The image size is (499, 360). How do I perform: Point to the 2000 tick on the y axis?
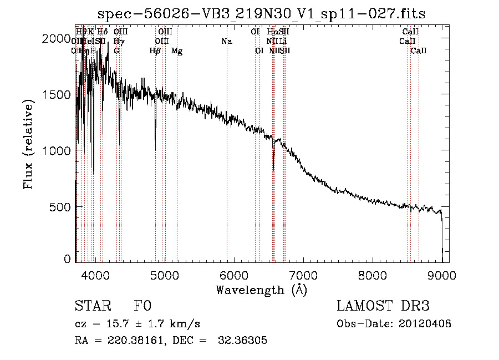[x=56, y=38]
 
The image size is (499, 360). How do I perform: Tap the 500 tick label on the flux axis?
[x=60, y=207]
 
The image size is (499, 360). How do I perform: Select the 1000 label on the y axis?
[x=56, y=151]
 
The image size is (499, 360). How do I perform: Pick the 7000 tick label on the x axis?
[x=303, y=274]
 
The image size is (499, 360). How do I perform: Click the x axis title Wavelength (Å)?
[x=261, y=290]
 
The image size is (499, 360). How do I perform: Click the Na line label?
[x=226, y=41]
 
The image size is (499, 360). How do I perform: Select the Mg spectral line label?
[x=177, y=51]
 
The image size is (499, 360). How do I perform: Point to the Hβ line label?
[x=155, y=51]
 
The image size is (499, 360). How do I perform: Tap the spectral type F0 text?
[x=142, y=306]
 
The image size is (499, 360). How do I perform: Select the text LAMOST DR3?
[x=383, y=306]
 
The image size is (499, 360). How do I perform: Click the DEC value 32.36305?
[x=245, y=341]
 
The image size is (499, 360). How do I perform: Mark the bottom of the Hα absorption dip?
[x=273, y=168]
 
